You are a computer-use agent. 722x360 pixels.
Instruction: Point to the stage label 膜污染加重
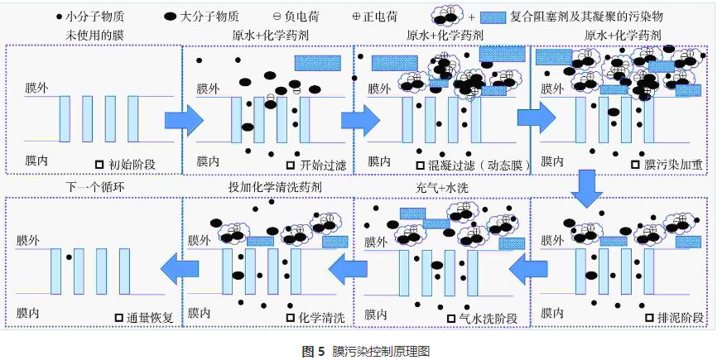point(672,164)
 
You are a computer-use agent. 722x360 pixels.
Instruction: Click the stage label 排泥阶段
point(676,316)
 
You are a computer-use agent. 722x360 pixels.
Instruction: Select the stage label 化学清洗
point(320,317)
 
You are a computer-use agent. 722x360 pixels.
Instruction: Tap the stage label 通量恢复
point(150,317)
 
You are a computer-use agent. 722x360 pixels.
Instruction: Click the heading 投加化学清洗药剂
point(275,188)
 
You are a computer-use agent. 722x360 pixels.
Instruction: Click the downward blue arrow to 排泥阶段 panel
point(587,189)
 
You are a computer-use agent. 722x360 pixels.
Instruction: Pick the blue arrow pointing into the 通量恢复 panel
point(181,266)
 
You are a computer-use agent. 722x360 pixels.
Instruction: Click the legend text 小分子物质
point(94,17)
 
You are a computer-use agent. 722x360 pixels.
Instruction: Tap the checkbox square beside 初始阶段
point(100,164)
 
